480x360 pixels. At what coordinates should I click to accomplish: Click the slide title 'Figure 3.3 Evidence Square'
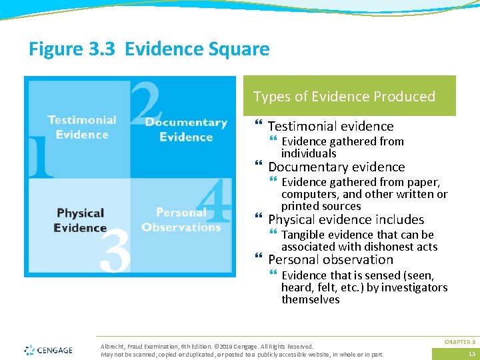click(149, 49)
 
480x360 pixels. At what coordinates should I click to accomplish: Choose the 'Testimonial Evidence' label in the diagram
click(82, 127)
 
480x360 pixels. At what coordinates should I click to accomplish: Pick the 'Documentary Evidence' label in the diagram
click(186, 129)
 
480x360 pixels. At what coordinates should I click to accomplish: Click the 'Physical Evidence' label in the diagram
click(81, 220)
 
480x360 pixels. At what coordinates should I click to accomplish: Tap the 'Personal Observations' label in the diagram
click(181, 220)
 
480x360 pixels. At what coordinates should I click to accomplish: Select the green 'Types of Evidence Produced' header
click(344, 97)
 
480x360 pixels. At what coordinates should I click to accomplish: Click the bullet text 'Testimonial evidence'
click(331, 126)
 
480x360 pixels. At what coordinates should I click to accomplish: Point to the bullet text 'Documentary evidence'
click(336, 167)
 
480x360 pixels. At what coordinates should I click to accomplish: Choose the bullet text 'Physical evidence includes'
click(345, 219)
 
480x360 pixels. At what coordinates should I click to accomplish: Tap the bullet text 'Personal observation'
click(330, 259)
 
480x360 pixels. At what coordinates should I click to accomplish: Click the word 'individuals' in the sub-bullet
click(309, 153)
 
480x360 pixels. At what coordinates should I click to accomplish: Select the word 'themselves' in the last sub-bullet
click(310, 299)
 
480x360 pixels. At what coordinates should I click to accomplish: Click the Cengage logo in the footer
click(48, 349)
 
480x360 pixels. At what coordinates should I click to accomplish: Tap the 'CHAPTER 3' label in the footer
click(459, 341)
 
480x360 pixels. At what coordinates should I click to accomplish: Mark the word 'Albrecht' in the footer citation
click(112, 347)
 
